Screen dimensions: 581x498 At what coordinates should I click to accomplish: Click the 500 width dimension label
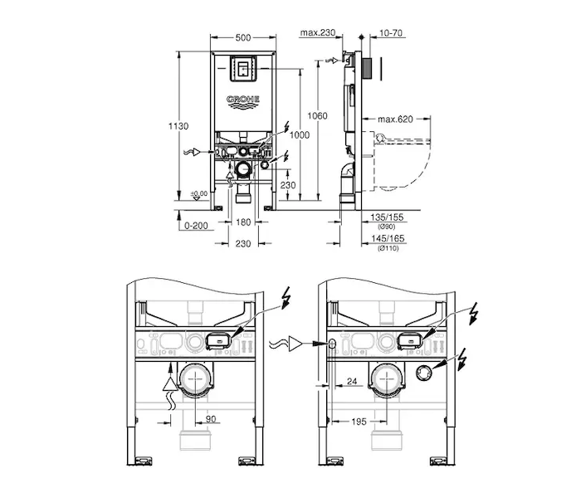[x=243, y=37]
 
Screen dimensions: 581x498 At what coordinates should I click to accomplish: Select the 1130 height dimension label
[x=178, y=126]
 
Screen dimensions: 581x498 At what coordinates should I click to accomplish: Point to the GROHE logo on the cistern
[x=243, y=102]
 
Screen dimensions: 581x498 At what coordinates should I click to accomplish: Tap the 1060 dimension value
[x=318, y=116]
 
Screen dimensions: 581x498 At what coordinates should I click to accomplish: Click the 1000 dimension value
[x=300, y=134]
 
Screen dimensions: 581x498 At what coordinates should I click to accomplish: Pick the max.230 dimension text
[x=318, y=32]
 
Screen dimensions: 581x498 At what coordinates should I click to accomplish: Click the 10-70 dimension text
[x=391, y=33]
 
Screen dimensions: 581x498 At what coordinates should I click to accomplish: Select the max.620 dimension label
[x=395, y=120]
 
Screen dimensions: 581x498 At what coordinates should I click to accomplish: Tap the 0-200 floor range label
[x=196, y=226]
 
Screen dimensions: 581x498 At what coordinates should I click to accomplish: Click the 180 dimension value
[x=243, y=222]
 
